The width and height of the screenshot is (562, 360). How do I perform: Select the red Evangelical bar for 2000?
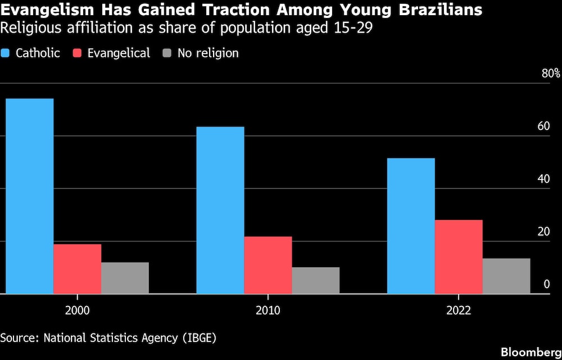click(x=78, y=269)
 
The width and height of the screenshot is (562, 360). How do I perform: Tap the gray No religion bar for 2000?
click(x=125, y=278)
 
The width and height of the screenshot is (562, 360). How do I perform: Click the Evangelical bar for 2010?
click(x=268, y=265)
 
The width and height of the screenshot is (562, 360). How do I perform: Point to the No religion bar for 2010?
click(x=316, y=280)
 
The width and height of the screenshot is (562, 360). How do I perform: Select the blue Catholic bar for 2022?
click(x=411, y=226)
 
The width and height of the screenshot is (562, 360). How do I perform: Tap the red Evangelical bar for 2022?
click(x=459, y=256)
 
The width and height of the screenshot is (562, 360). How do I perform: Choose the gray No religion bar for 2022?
click(x=506, y=276)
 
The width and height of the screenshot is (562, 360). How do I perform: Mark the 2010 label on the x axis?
click(x=268, y=310)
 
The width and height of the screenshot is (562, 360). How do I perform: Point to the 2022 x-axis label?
click(x=459, y=310)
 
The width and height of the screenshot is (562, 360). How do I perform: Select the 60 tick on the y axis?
click(x=543, y=127)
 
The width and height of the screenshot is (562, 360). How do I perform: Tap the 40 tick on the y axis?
click(x=543, y=179)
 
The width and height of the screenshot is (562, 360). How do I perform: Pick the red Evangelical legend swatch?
click(x=78, y=53)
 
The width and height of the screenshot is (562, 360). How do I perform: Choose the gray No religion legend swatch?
click(x=167, y=53)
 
